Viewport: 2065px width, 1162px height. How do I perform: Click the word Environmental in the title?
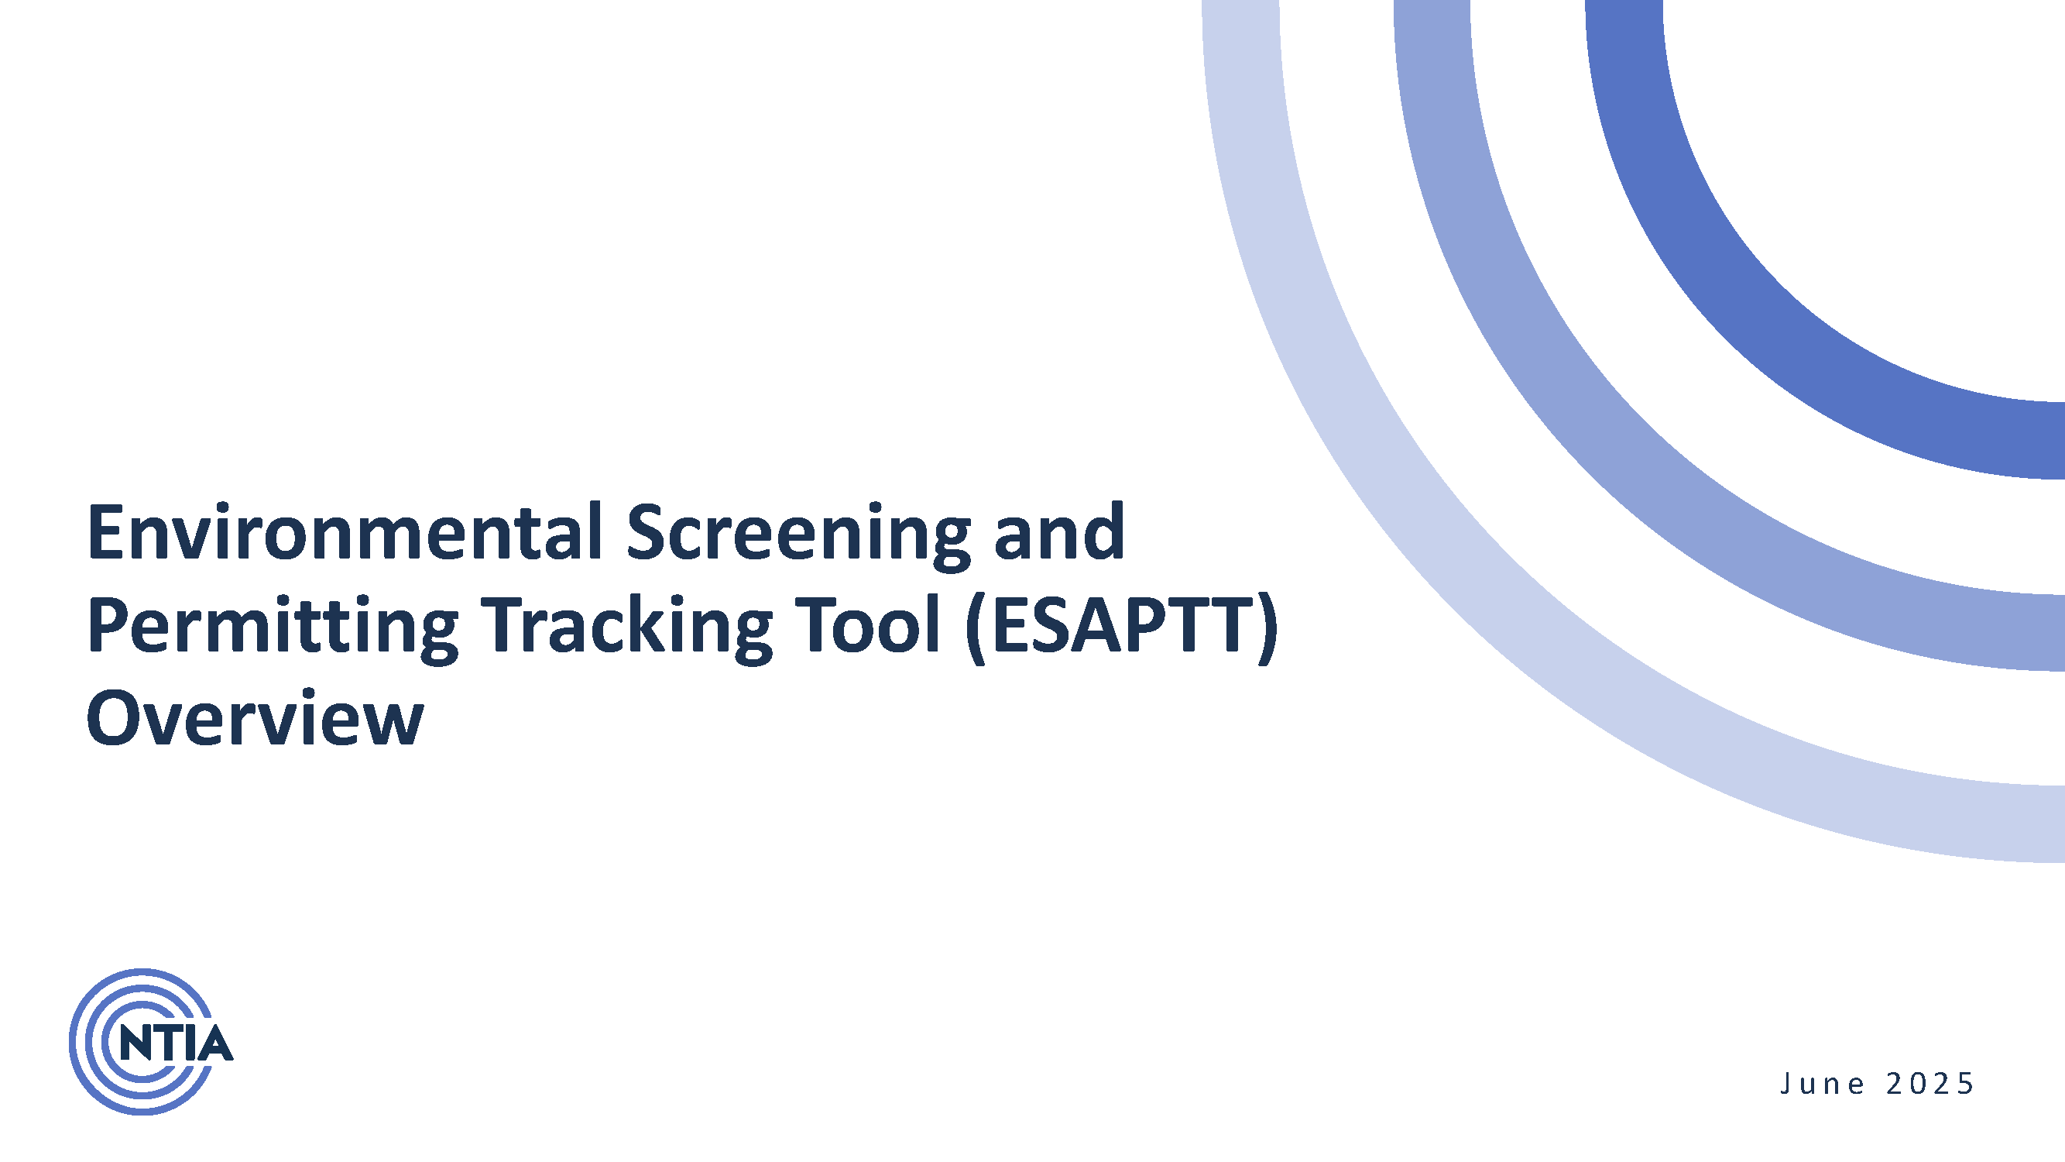click(x=345, y=532)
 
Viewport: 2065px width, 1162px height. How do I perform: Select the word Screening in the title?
click(x=798, y=536)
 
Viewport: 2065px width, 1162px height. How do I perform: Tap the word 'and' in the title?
click(x=1059, y=532)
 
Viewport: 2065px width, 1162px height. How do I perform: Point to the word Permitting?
click(x=272, y=628)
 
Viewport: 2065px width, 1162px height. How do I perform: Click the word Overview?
click(x=254, y=719)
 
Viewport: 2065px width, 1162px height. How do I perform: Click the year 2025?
click(x=1930, y=1084)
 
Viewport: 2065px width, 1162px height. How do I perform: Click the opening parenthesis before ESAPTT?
click(x=976, y=628)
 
